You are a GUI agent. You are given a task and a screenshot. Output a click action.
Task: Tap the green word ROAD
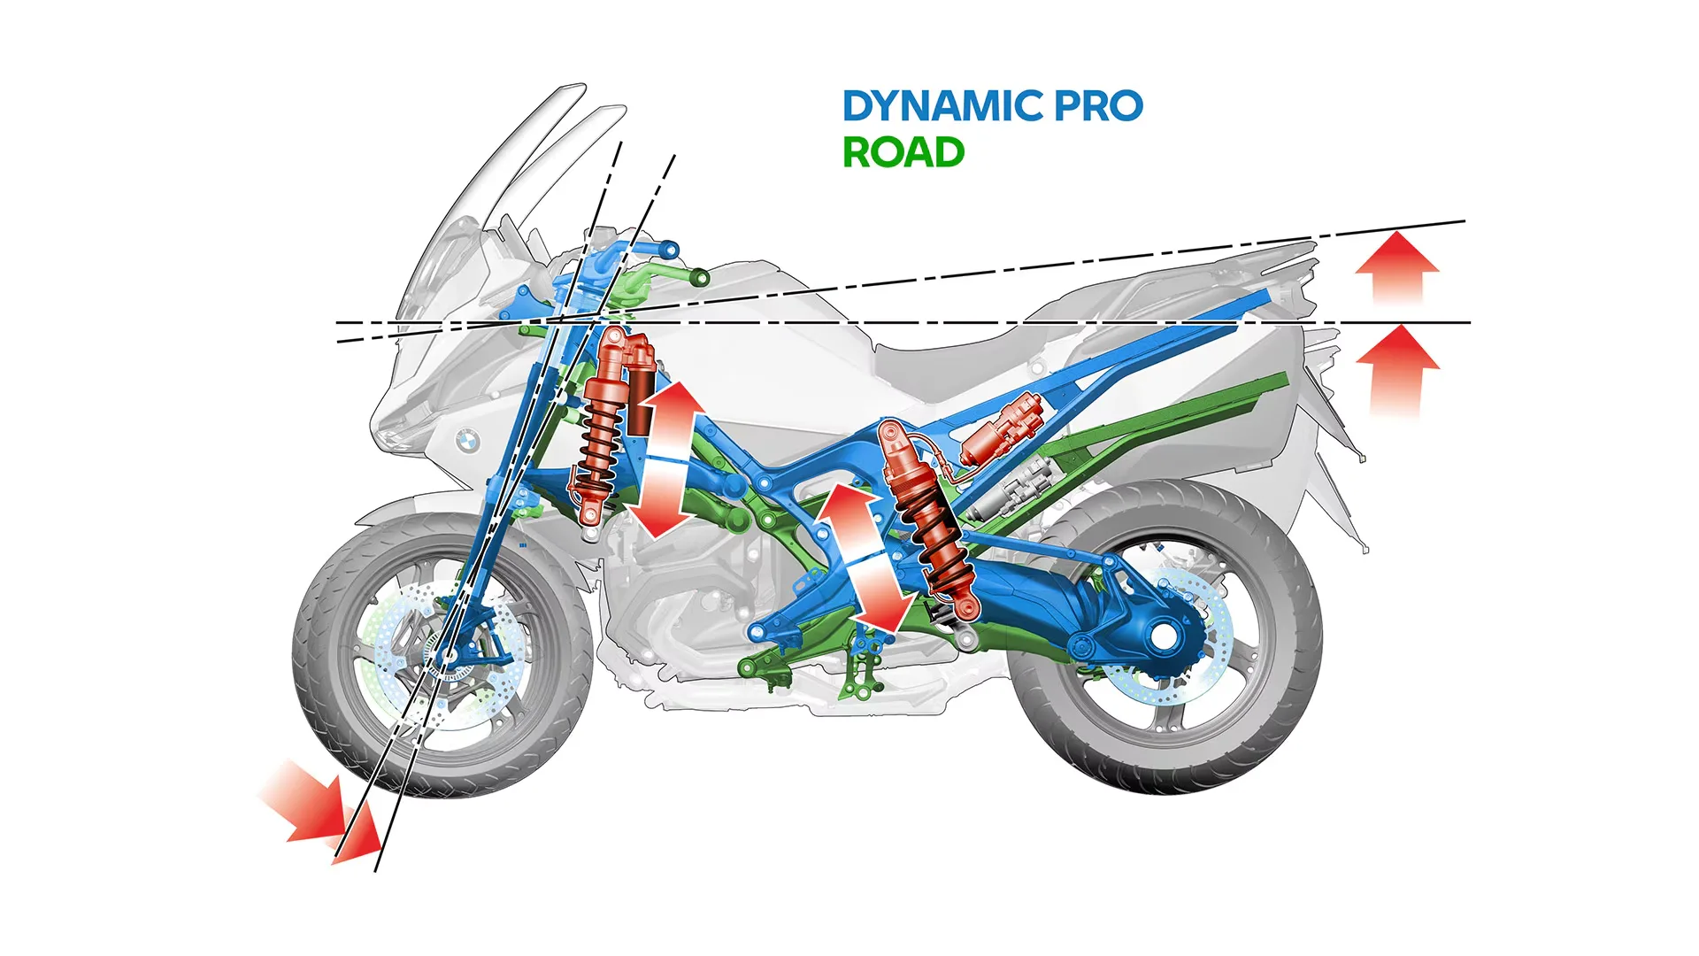(903, 153)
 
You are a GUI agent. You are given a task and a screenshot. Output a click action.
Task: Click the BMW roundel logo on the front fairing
(466, 439)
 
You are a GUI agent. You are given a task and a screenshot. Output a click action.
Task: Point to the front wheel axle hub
(448, 656)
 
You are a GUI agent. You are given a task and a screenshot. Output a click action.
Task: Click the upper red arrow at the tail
(1397, 266)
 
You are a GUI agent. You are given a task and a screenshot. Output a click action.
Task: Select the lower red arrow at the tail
(1397, 367)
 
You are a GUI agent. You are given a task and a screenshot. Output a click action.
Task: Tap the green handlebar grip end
(699, 279)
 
